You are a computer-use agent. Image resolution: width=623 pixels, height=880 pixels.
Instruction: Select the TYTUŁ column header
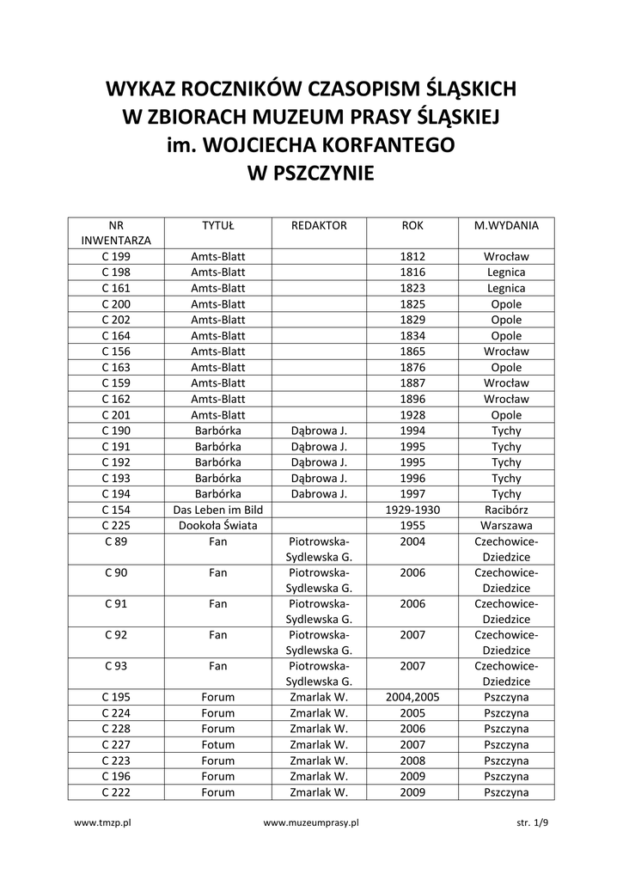(x=218, y=226)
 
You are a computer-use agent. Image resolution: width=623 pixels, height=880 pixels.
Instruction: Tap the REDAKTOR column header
(x=319, y=226)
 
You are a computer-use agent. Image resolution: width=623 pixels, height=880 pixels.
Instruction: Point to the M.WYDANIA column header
(x=506, y=226)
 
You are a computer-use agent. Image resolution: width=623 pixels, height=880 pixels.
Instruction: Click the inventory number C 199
(x=116, y=257)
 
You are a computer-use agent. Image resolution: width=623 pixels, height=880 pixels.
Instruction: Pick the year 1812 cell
(x=412, y=257)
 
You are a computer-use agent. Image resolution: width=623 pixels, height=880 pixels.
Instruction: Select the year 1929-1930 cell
(x=412, y=510)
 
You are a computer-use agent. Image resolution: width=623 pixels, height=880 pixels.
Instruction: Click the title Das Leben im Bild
(x=218, y=510)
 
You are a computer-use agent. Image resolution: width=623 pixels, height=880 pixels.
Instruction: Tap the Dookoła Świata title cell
(x=218, y=525)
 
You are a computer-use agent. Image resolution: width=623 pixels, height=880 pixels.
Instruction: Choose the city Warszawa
(x=506, y=525)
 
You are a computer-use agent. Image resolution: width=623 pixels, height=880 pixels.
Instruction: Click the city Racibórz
(x=506, y=510)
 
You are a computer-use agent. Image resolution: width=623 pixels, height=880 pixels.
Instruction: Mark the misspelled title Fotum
(x=218, y=745)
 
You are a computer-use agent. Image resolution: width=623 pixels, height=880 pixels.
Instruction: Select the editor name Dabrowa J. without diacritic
(x=319, y=494)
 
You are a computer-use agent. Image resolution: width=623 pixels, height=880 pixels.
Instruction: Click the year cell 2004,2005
(x=412, y=697)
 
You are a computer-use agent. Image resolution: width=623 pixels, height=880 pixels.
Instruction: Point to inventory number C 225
(x=116, y=525)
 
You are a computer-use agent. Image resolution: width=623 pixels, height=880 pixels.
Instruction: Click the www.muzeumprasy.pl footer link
(x=311, y=822)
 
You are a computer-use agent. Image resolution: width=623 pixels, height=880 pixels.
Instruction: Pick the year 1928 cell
(x=412, y=415)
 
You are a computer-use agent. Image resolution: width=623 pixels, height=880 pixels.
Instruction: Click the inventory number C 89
(x=116, y=541)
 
